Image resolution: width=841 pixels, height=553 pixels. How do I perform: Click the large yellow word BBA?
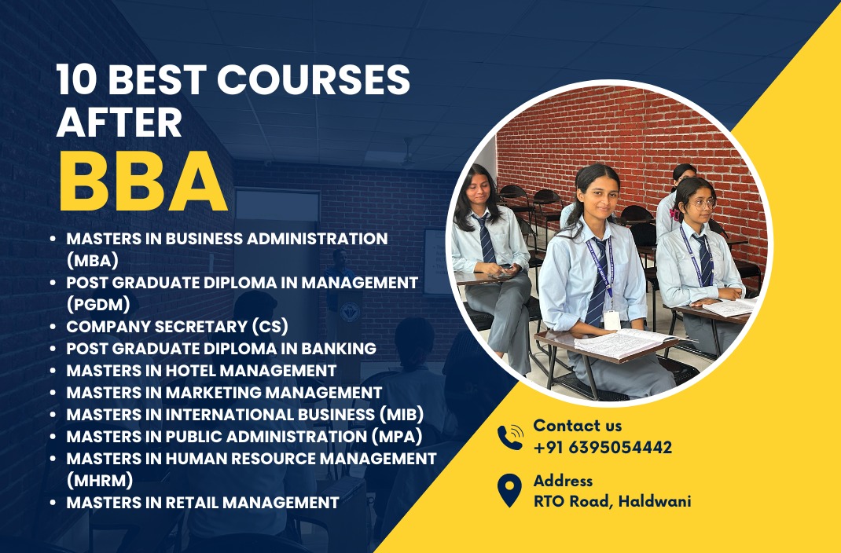tap(143, 182)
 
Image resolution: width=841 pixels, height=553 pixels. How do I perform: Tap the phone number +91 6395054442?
tap(602, 448)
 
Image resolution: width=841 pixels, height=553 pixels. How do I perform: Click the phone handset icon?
tap(510, 438)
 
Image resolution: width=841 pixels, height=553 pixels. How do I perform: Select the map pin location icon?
tap(510, 490)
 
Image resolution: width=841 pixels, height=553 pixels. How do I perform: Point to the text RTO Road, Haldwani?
tap(611, 501)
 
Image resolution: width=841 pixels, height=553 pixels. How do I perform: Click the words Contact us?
tap(577, 426)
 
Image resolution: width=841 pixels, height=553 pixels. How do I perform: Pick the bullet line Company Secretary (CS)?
tap(177, 325)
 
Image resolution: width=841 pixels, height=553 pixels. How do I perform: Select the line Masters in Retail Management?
tap(202, 502)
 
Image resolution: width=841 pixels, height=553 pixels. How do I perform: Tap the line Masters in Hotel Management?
tap(201, 370)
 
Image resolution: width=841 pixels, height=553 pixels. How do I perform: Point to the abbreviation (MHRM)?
tap(100, 478)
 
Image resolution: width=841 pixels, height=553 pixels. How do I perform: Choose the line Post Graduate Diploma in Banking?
tap(221, 348)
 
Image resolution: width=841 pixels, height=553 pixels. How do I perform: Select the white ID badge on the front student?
tap(611, 319)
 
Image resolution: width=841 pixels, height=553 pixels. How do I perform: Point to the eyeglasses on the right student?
tap(701, 203)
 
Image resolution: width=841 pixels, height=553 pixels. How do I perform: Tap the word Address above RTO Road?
tap(563, 481)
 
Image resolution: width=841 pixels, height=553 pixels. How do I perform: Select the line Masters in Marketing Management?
tap(224, 392)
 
